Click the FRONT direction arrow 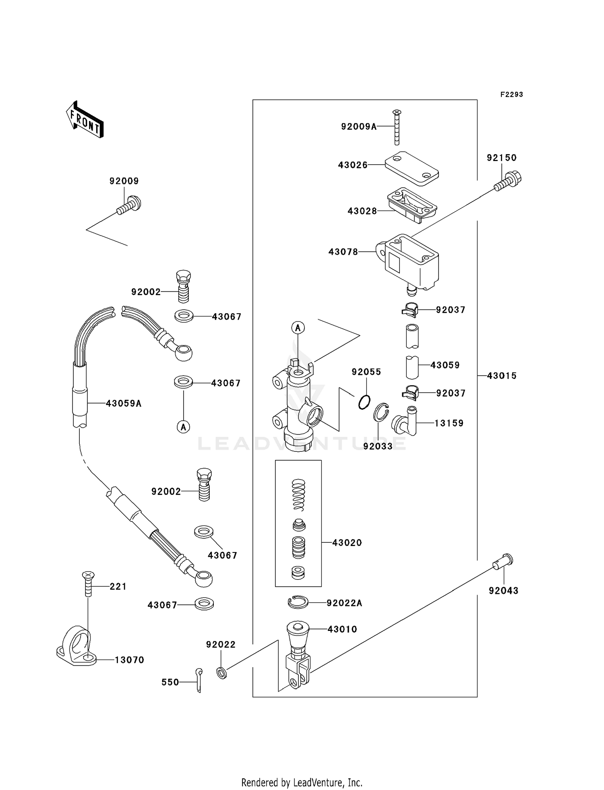click(85, 120)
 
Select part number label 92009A click(359, 126)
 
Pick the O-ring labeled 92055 click(364, 401)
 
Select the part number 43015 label click(502, 376)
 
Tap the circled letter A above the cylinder click(298, 328)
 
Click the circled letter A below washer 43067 click(184, 426)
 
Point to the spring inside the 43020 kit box click(298, 494)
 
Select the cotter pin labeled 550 click(199, 680)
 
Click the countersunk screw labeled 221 click(88, 583)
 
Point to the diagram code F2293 click(511, 95)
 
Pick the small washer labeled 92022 click(221, 672)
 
